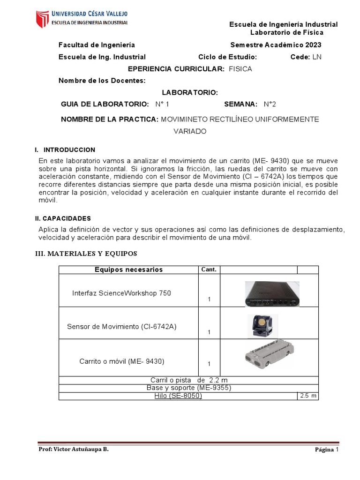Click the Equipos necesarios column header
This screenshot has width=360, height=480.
128,270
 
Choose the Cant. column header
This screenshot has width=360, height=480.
209,270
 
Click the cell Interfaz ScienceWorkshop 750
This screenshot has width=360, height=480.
121,293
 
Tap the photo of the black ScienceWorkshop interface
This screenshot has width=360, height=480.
272,294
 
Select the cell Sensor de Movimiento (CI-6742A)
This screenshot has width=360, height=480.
121,326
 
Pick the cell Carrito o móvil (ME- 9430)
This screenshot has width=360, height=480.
122,361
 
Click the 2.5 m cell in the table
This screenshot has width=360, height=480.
308,396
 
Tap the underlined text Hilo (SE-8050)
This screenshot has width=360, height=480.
178,396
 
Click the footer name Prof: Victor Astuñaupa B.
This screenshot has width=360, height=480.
73,450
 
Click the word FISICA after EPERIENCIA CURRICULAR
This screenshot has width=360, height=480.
240,69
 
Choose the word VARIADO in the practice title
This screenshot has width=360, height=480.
190,132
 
